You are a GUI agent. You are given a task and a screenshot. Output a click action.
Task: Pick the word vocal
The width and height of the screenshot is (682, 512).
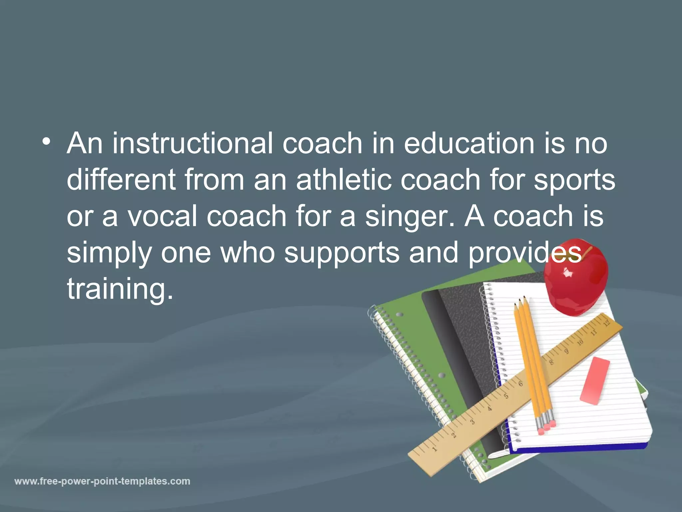(x=163, y=216)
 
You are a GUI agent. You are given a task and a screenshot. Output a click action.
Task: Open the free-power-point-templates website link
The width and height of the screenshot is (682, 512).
(x=102, y=481)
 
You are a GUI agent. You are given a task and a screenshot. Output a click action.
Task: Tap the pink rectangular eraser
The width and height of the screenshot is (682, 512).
(x=595, y=381)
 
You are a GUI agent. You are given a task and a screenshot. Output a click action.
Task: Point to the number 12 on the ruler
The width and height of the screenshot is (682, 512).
(x=607, y=323)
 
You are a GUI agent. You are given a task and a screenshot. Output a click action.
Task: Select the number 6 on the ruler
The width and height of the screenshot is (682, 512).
(x=520, y=384)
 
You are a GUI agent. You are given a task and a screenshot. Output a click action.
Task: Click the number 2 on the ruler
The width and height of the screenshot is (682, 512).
(x=454, y=435)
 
